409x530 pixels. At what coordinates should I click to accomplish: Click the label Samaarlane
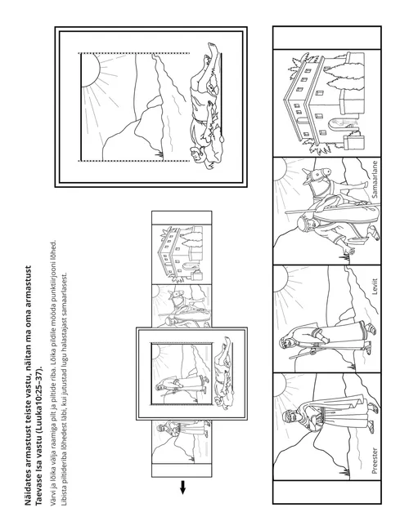click(375, 179)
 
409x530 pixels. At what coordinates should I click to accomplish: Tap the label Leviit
click(375, 287)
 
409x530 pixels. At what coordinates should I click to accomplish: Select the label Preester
click(375, 461)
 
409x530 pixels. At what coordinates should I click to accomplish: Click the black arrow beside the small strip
click(182, 487)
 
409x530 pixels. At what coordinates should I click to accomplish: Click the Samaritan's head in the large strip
click(303, 224)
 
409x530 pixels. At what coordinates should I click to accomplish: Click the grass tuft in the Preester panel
click(346, 472)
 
